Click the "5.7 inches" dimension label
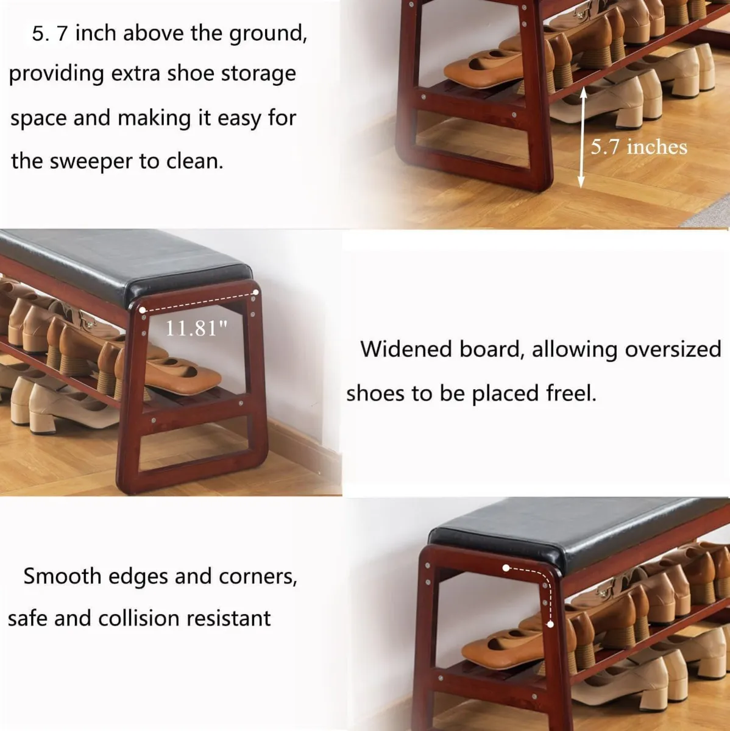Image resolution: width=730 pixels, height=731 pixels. pos(639,147)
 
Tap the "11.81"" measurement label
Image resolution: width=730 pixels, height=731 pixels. pos(196,328)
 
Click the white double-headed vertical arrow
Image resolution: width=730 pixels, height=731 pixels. pos(582,136)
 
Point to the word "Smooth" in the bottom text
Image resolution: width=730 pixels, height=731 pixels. pos(62,576)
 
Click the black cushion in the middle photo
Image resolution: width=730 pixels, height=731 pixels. pos(122,259)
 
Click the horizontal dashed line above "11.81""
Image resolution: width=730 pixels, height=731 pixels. pos(199,300)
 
